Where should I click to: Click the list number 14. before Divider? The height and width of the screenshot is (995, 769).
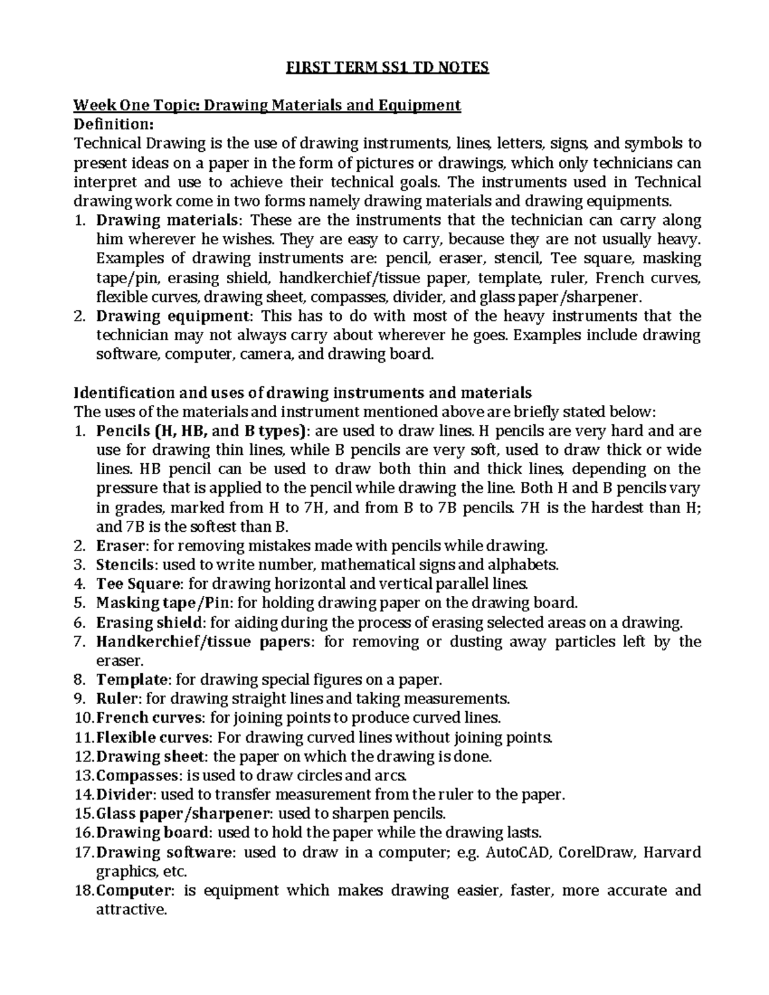pos(85,794)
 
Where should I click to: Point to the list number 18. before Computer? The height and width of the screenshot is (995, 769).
pos(85,890)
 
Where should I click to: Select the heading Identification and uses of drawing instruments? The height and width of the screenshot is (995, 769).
pos(302,392)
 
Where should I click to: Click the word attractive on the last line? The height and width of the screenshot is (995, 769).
pos(130,909)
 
